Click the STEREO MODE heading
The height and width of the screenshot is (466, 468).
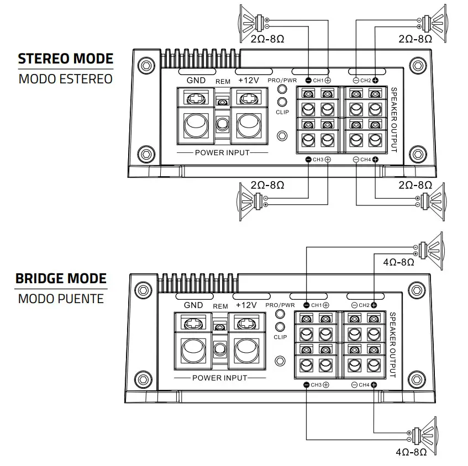click(x=65, y=59)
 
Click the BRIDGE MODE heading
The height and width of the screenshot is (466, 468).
click(x=61, y=278)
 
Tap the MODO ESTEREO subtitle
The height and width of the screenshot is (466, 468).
click(x=65, y=78)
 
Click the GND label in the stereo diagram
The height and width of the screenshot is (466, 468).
click(x=196, y=81)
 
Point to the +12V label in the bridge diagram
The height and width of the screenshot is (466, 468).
click(x=246, y=305)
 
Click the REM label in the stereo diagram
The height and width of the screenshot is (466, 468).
click(x=223, y=81)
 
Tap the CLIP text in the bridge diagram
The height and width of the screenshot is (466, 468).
click(x=281, y=337)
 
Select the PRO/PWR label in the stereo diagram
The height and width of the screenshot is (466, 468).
click(x=282, y=80)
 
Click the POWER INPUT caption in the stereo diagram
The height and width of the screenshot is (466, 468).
click(x=222, y=152)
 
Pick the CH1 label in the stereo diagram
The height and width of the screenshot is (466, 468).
click(x=318, y=81)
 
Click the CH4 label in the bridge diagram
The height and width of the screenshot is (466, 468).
click(x=364, y=384)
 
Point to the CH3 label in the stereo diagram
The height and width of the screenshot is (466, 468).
click(x=318, y=160)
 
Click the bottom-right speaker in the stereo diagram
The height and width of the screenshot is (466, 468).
click(x=434, y=200)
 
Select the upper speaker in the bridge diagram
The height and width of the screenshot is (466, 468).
click(x=431, y=248)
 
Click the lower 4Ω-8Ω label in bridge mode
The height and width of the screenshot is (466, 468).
click(x=411, y=452)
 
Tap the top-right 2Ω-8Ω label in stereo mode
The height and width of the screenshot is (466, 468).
click(x=414, y=39)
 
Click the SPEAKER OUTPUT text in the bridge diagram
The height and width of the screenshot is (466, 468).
click(x=392, y=345)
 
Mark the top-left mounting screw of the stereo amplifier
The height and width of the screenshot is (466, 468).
click(x=145, y=65)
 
